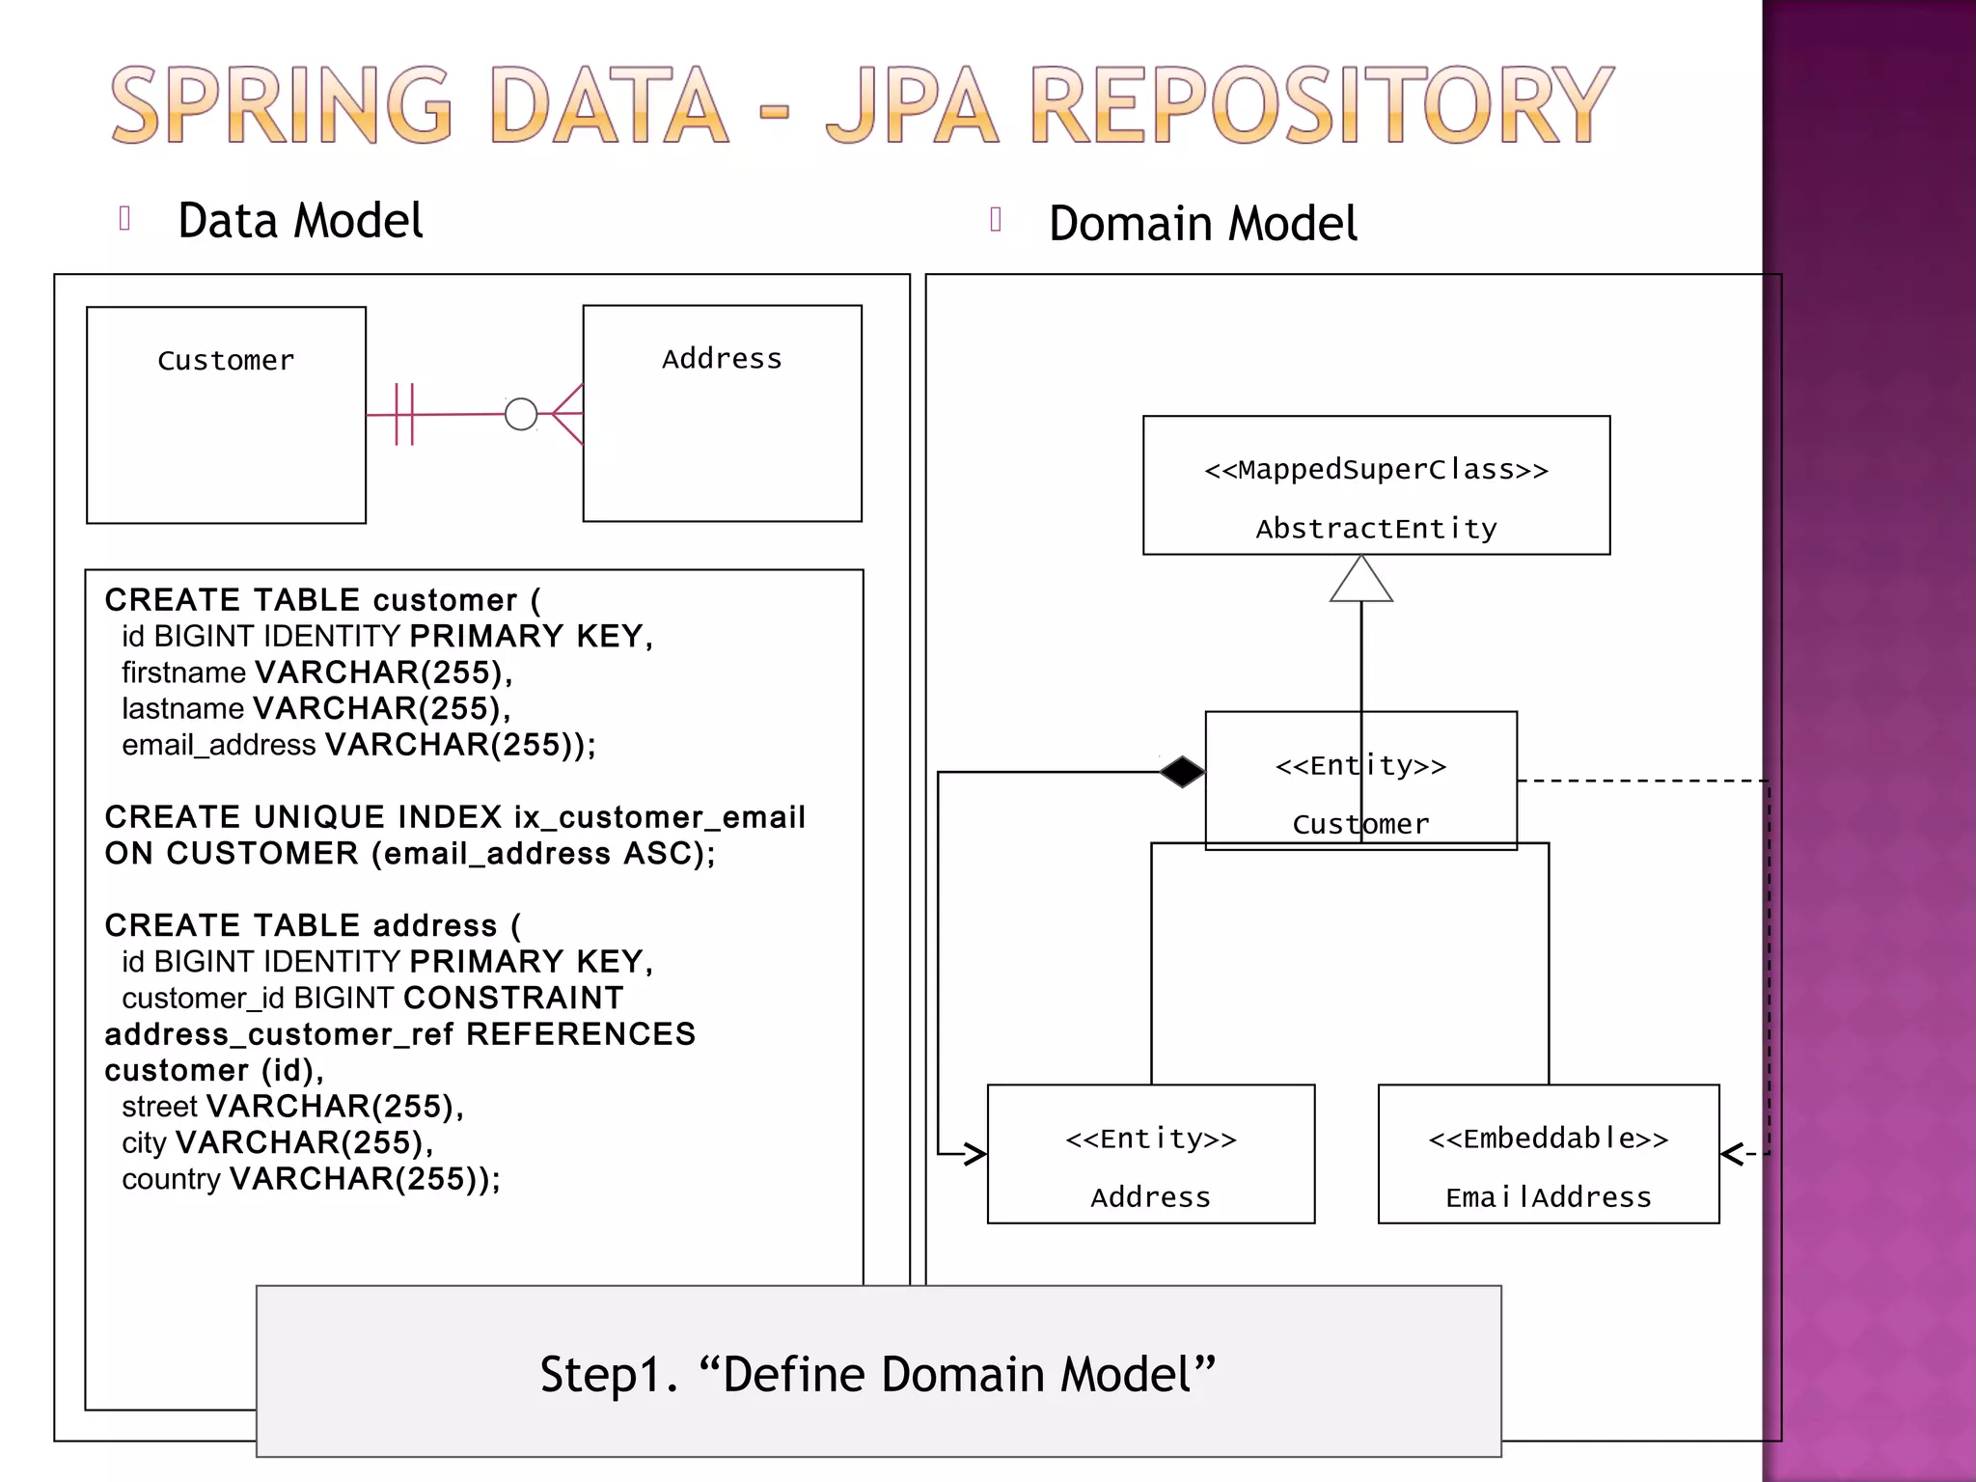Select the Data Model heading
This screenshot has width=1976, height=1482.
coord(300,221)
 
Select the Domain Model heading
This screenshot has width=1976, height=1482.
coord(1202,224)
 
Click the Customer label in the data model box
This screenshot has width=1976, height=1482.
coord(226,361)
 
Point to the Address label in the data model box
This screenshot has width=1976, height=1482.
coord(722,359)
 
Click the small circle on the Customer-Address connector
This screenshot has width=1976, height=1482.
coord(521,414)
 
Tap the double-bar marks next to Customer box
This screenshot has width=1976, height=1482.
coord(404,414)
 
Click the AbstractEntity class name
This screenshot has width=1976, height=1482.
coord(1376,529)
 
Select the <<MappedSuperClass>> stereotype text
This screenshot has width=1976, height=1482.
coord(1376,470)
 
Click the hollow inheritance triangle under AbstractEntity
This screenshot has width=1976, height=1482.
coord(1361,581)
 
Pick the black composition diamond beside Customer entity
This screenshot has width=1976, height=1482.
coord(1182,772)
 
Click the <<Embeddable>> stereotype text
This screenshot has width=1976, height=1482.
coord(1549,1139)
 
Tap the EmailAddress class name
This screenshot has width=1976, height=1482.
coord(1549,1197)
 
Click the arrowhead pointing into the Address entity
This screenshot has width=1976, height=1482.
coord(974,1153)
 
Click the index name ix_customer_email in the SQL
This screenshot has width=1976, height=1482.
coord(659,817)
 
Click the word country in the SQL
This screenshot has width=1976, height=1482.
coord(171,1179)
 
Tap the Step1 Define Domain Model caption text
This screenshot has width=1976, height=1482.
coord(877,1374)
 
